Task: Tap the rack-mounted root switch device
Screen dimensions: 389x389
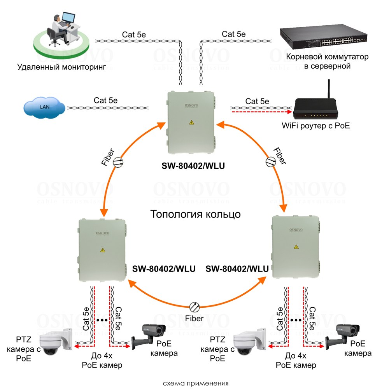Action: click(x=324, y=38)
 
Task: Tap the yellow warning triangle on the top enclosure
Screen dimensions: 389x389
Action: click(x=191, y=122)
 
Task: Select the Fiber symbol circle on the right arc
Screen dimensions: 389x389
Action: click(x=270, y=161)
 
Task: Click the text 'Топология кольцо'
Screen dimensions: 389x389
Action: click(x=195, y=214)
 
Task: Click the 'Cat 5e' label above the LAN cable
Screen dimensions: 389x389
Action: click(x=106, y=100)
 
